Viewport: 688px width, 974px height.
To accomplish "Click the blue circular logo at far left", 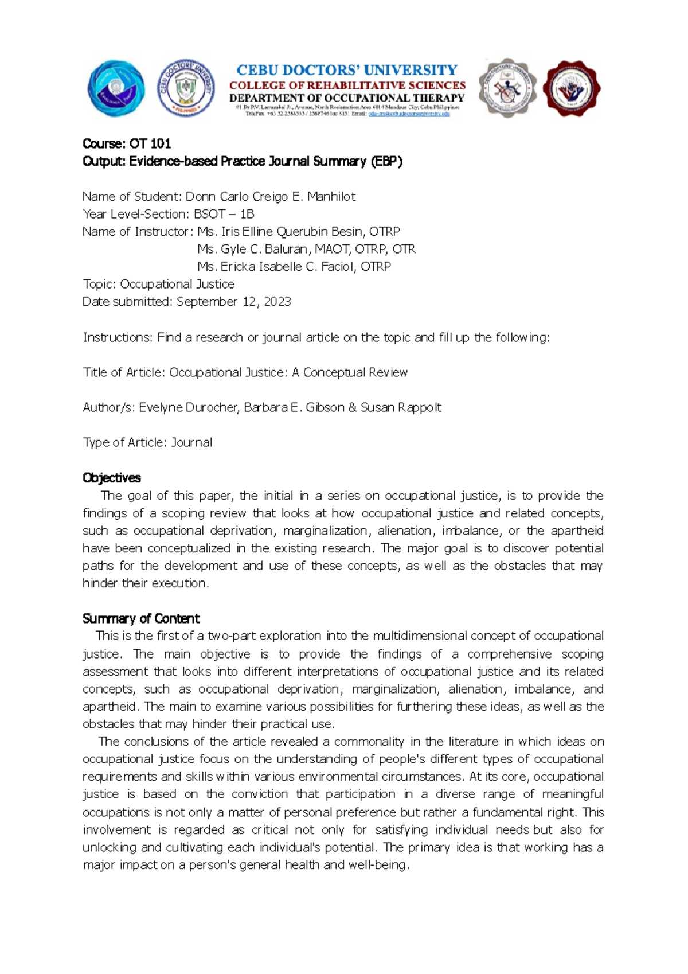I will (115, 89).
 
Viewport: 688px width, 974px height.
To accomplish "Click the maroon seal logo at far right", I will (571, 89).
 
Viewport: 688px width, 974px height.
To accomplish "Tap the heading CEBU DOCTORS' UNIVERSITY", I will (347, 70).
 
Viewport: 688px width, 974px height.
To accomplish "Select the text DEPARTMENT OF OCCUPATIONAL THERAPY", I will (347, 98).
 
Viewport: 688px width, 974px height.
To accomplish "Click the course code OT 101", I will (150, 143).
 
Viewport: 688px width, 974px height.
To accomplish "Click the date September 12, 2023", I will (234, 302).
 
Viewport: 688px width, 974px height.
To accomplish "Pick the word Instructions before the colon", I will (117, 337).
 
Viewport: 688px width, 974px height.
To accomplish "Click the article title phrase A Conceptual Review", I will (350, 372).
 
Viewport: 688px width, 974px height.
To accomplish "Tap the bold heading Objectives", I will (112, 478).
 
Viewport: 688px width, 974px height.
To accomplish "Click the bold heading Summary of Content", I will (141, 618).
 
